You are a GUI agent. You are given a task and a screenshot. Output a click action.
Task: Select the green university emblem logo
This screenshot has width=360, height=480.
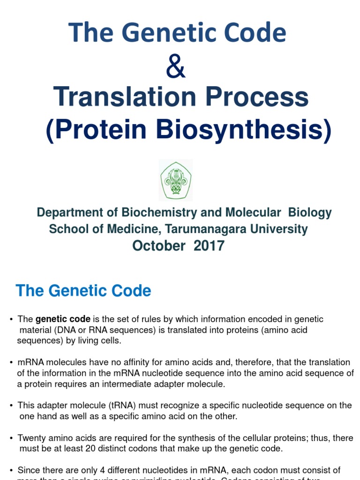tap(176, 180)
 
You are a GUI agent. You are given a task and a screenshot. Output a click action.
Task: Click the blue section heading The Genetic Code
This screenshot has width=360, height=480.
tap(83, 291)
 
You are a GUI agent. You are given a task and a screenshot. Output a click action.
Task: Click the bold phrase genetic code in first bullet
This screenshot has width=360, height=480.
tap(63, 319)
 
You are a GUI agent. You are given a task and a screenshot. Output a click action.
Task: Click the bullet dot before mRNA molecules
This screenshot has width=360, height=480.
tap(11, 363)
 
